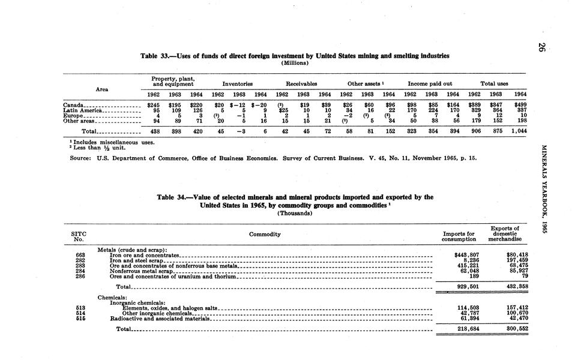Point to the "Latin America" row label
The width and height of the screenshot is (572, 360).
[83, 110]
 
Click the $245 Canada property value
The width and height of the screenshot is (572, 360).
[155, 105]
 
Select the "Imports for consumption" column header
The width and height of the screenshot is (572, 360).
[458, 236]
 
